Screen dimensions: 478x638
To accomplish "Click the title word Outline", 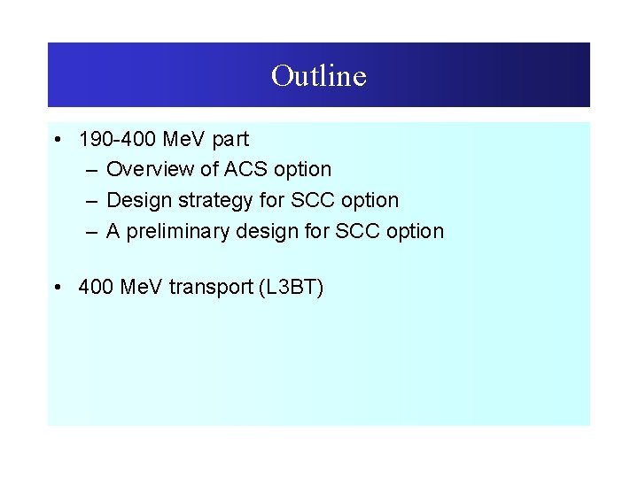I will coord(318,75).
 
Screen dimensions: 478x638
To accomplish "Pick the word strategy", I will coord(214,200).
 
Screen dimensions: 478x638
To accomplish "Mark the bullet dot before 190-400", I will coord(57,139).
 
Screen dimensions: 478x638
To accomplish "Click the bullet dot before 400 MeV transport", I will coord(57,287).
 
